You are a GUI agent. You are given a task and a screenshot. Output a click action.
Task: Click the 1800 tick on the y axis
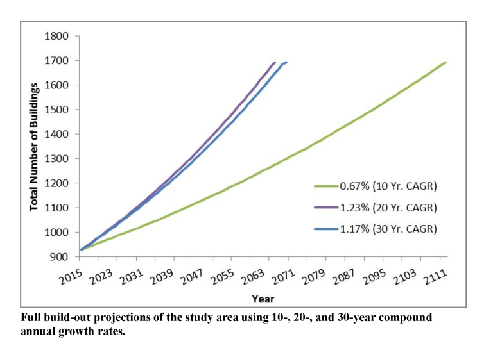point(57,36)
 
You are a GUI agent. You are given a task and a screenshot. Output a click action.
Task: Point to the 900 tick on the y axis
point(60,257)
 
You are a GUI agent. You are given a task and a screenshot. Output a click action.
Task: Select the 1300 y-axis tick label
point(57,159)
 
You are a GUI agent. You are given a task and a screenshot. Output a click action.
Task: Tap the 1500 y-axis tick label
point(57,110)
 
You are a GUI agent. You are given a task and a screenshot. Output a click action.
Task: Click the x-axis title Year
point(263,299)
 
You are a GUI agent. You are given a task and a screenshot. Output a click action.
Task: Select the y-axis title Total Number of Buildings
point(34,147)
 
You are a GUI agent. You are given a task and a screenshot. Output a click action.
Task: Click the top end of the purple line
point(275,62)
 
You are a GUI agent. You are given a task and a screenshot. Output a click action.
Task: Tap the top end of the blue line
point(286,62)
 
